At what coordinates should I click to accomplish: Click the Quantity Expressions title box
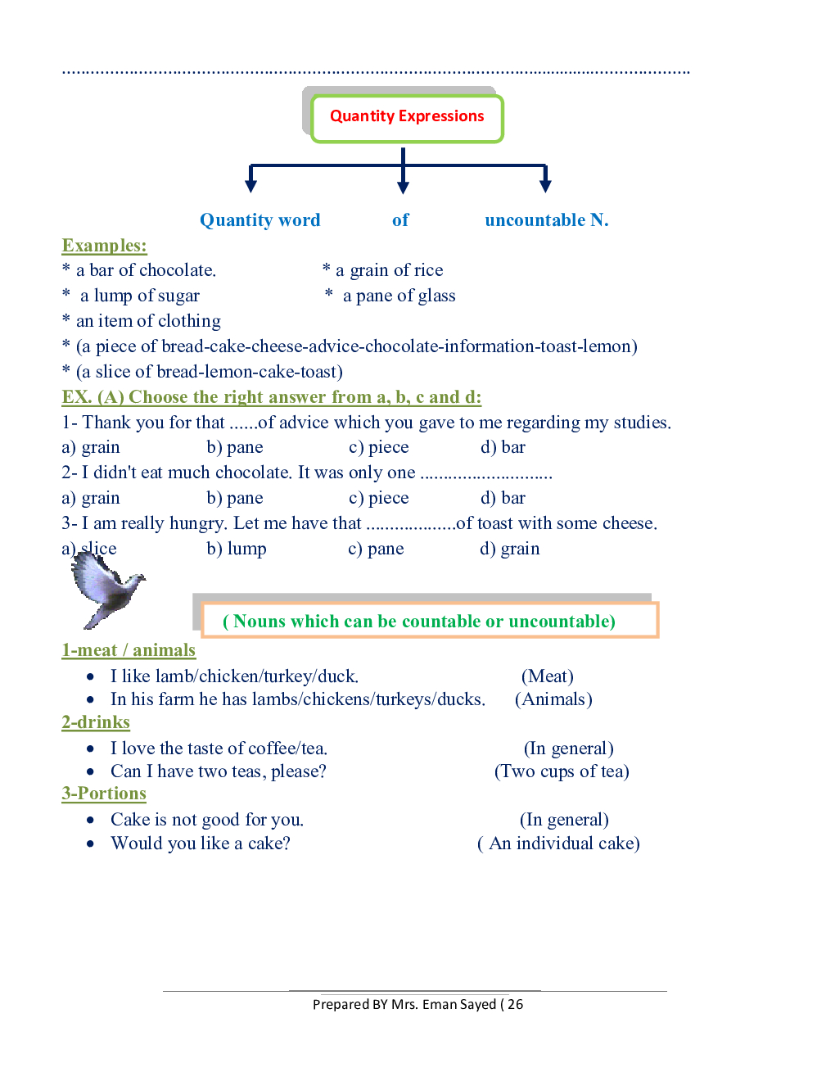[407, 117]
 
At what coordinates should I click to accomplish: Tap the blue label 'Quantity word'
[260, 220]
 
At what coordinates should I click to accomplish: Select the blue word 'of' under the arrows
[400, 220]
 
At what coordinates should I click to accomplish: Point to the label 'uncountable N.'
[546, 220]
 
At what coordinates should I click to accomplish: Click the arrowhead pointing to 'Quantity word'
[251, 186]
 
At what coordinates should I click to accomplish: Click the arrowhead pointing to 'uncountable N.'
[545, 186]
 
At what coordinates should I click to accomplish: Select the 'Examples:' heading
[104, 246]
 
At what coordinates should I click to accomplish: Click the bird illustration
[106, 588]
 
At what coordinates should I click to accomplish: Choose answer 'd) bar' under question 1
[503, 447]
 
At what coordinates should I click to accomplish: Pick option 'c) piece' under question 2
[378, 498]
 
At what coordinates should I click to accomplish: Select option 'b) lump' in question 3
[236, 549]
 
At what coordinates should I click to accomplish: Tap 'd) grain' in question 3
[509, 549]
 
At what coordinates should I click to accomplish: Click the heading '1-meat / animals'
[129, 650]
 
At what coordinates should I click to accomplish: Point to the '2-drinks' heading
[96, 722]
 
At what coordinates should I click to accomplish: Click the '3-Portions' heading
[104, 794]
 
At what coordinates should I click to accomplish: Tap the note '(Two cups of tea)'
[562, 771]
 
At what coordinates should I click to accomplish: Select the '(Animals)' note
[553, 699]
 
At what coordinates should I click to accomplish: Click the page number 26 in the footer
[515, 1004]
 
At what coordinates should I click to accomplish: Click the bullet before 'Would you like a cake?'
[90, 844]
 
